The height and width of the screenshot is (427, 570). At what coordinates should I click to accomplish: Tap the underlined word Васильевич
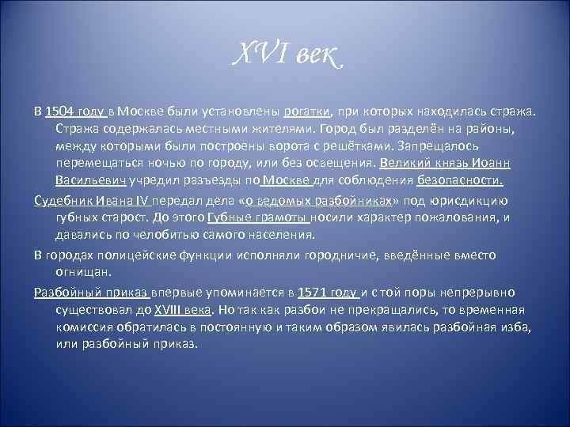[86, 181]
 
